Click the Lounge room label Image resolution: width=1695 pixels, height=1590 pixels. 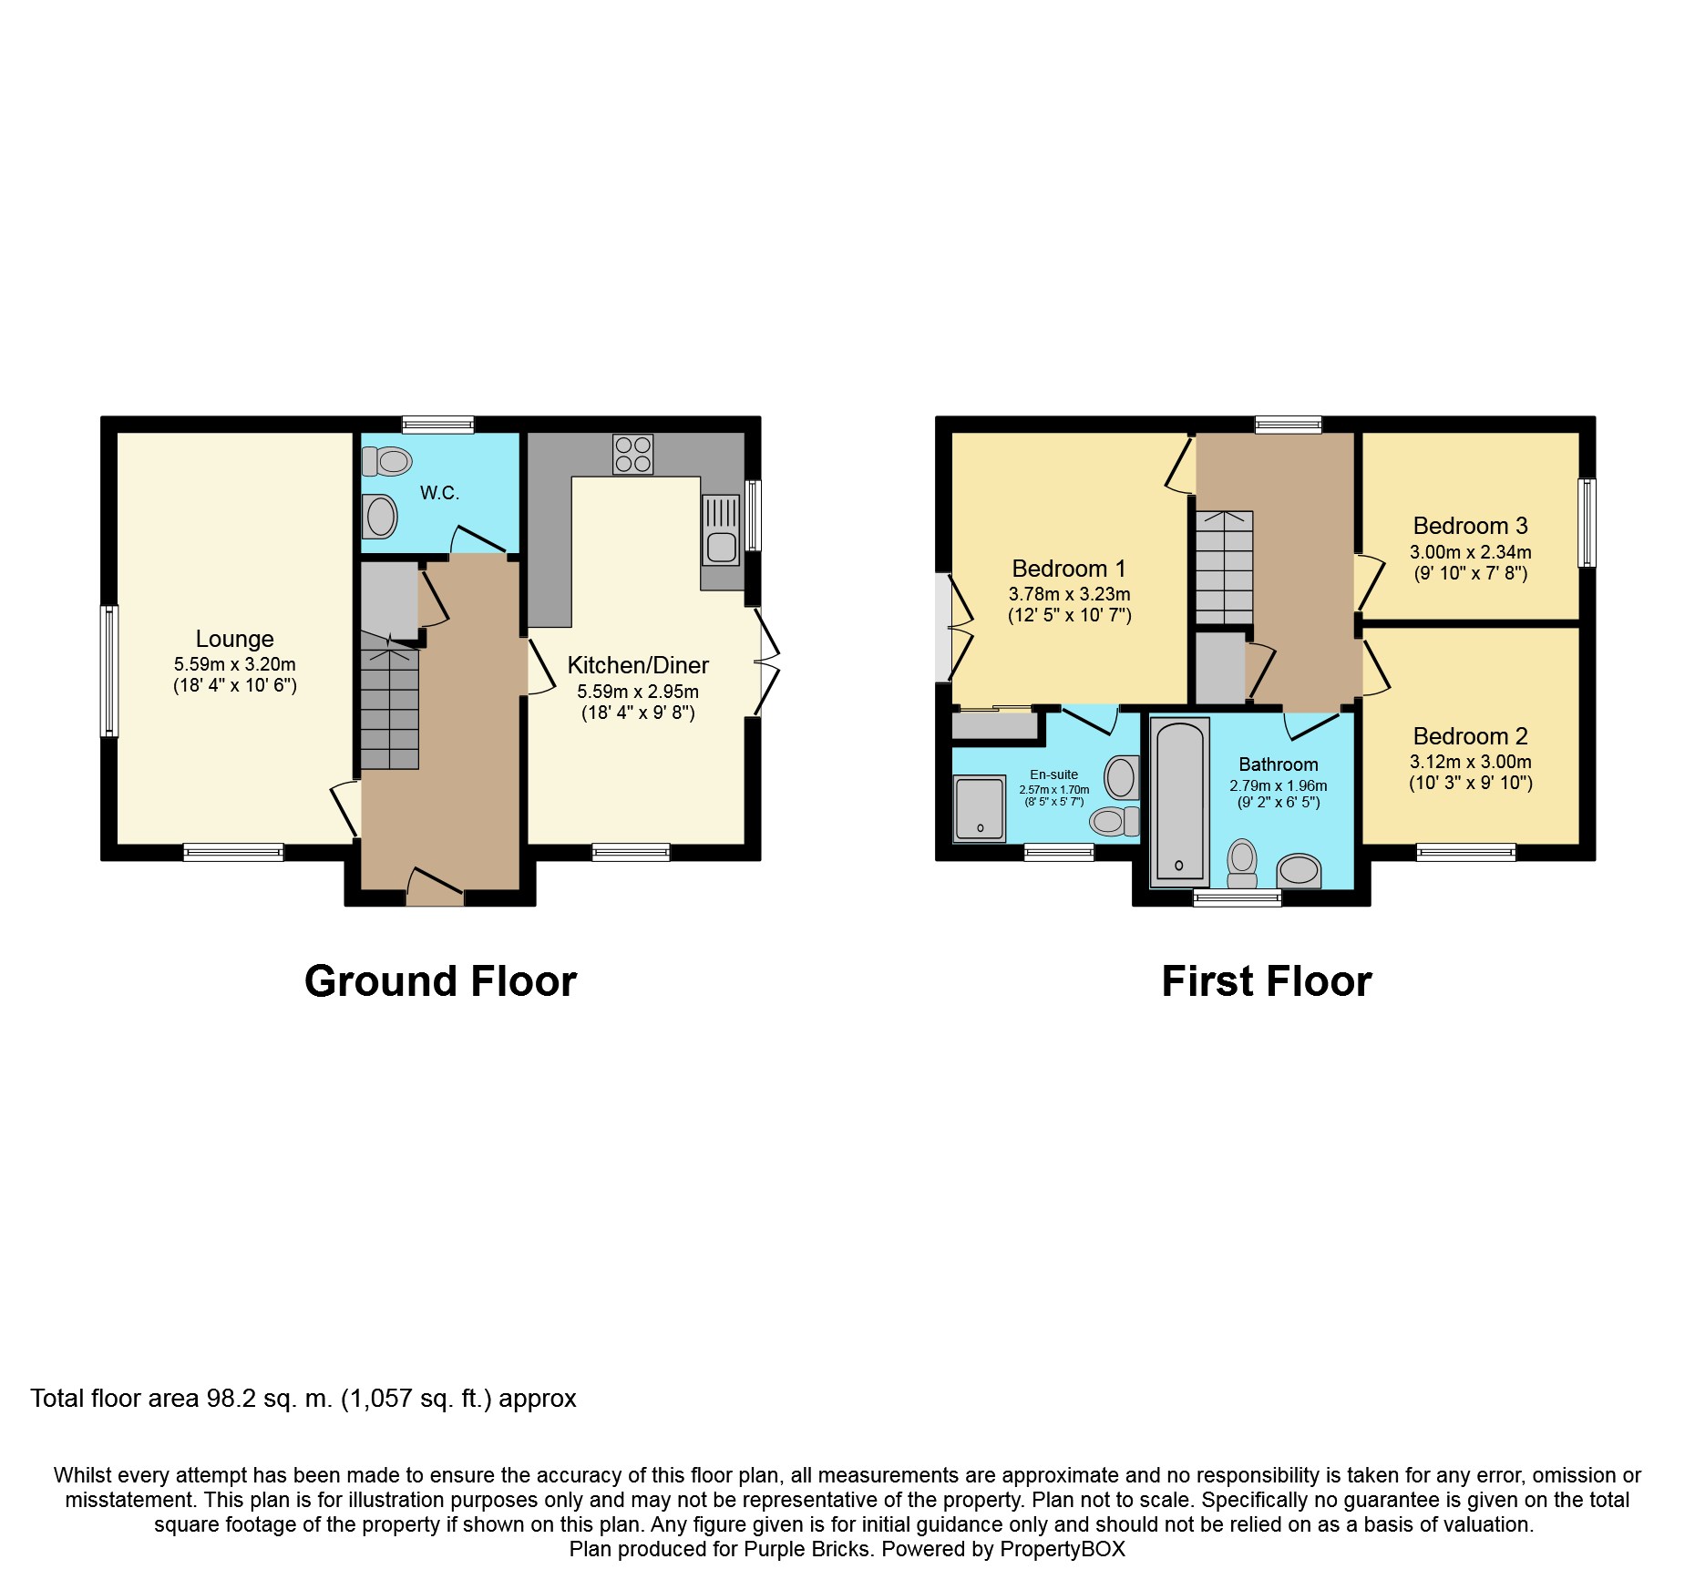234,639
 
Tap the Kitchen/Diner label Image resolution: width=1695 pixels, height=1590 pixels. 638,665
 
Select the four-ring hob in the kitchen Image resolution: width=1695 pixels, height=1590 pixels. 633,454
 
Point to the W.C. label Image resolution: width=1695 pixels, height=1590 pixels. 439,493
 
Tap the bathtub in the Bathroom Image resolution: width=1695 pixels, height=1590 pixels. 1180,802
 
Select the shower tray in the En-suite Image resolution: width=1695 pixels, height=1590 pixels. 980,808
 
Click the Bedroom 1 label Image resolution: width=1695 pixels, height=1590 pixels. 1069,569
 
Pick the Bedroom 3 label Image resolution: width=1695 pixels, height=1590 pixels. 1470,526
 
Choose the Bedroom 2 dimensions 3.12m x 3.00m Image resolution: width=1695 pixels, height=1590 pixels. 1471,762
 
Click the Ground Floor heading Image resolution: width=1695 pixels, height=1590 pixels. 441,981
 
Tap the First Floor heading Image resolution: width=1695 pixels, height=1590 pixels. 1267,981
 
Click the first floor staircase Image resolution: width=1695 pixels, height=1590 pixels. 1225,567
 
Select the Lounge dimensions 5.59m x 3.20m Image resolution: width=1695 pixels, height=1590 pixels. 235,664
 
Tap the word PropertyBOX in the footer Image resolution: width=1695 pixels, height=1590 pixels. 1063,1549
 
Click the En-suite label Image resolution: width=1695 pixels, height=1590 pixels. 1054,774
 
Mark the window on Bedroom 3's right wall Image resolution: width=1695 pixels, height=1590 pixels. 1587,523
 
